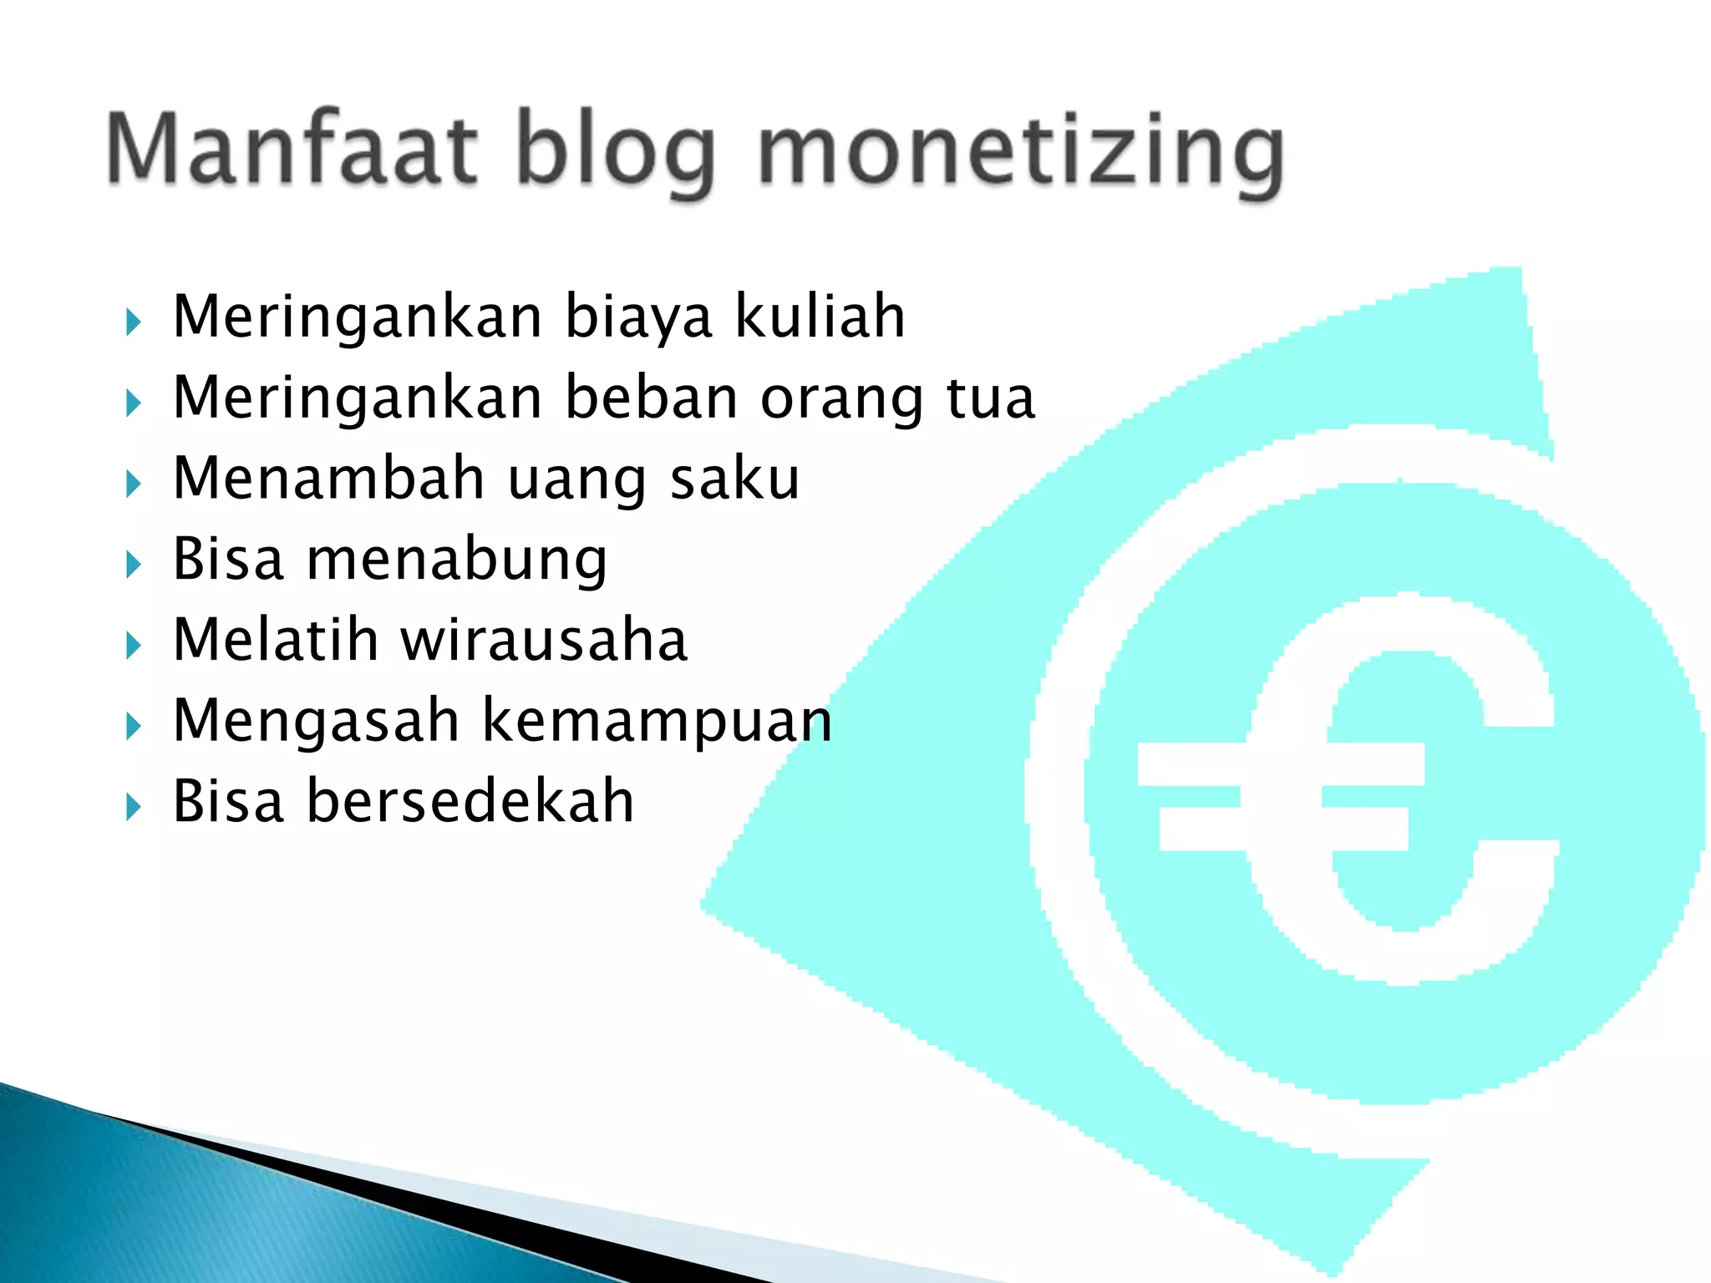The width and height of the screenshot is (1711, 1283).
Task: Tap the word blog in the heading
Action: click(x=616, y=150)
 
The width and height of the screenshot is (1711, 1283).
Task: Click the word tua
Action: click(x=991, y=398)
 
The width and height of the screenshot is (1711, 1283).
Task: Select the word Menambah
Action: click(x=329, y=478)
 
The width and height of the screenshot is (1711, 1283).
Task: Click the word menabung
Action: click(x=457, y=560)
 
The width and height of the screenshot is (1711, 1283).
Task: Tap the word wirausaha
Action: click(x=544, y=640)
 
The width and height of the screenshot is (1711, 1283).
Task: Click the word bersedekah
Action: click(x=470, y=801)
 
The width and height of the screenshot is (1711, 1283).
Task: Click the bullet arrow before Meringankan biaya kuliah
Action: click(x=134, y=322)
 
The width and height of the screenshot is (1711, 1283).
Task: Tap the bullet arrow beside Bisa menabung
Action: click(x=134, y=565)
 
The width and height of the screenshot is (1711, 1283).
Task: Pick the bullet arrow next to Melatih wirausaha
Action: click(x=134, y=646)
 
